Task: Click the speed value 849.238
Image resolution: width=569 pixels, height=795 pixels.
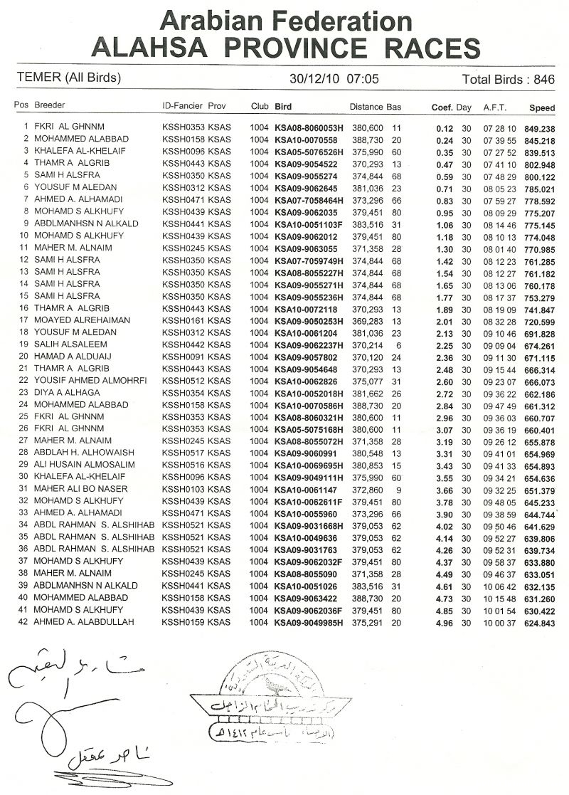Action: [538, 127]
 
